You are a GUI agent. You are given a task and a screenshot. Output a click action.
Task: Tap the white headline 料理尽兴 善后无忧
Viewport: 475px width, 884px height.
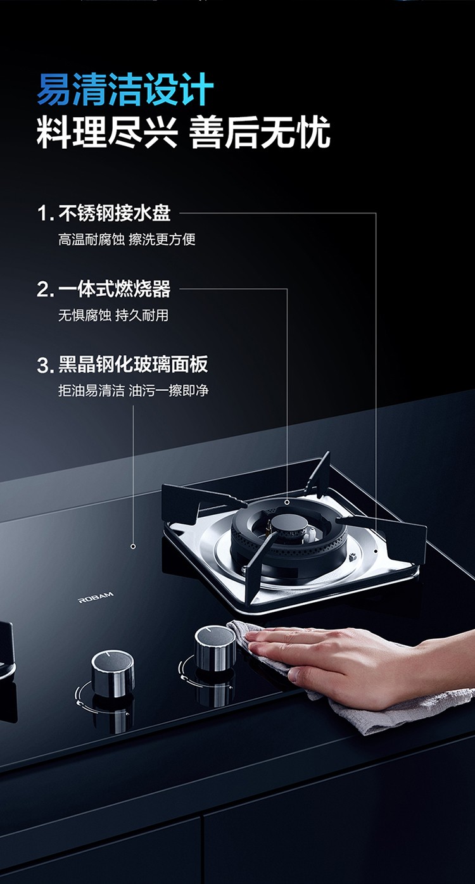(183, 132)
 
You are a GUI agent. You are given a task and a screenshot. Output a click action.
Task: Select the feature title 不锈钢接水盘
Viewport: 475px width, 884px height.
(115, 213)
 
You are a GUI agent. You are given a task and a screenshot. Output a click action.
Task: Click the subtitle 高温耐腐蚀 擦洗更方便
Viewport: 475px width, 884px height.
(127, 239)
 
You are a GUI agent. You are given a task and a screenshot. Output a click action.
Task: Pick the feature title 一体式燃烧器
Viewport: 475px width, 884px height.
(115, 289)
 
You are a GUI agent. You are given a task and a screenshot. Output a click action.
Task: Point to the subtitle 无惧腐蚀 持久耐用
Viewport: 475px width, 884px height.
(113, 315)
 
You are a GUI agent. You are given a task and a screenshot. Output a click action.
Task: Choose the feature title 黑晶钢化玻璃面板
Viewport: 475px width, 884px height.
(133, 364)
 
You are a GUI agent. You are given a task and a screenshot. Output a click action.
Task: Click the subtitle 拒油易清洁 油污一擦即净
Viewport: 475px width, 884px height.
(134, 391)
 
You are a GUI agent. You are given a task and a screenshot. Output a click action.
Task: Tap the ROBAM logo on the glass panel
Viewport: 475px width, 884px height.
(96, 597)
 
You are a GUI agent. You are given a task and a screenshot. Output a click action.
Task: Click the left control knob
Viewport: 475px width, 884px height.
(113, 671)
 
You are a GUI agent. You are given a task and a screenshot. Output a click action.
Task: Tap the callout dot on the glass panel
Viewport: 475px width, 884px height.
(133, 546)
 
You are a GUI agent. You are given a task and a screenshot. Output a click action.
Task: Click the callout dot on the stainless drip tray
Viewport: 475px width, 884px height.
(376, 551)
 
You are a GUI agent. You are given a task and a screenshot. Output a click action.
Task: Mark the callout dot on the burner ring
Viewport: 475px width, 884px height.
(287, 502)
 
